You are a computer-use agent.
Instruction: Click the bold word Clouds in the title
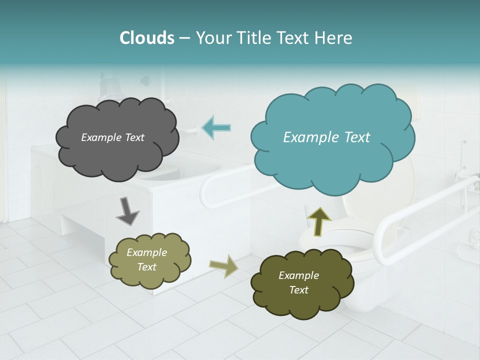(146, 38)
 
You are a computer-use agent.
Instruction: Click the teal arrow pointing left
(216, 128)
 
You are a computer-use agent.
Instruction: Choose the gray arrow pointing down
(127, 211)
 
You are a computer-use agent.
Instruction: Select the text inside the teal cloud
(326, 137)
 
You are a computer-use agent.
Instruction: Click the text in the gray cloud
(112, 137)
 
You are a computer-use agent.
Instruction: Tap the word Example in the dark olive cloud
(298, 275)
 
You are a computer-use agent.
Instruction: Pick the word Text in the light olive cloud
(146, 267)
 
